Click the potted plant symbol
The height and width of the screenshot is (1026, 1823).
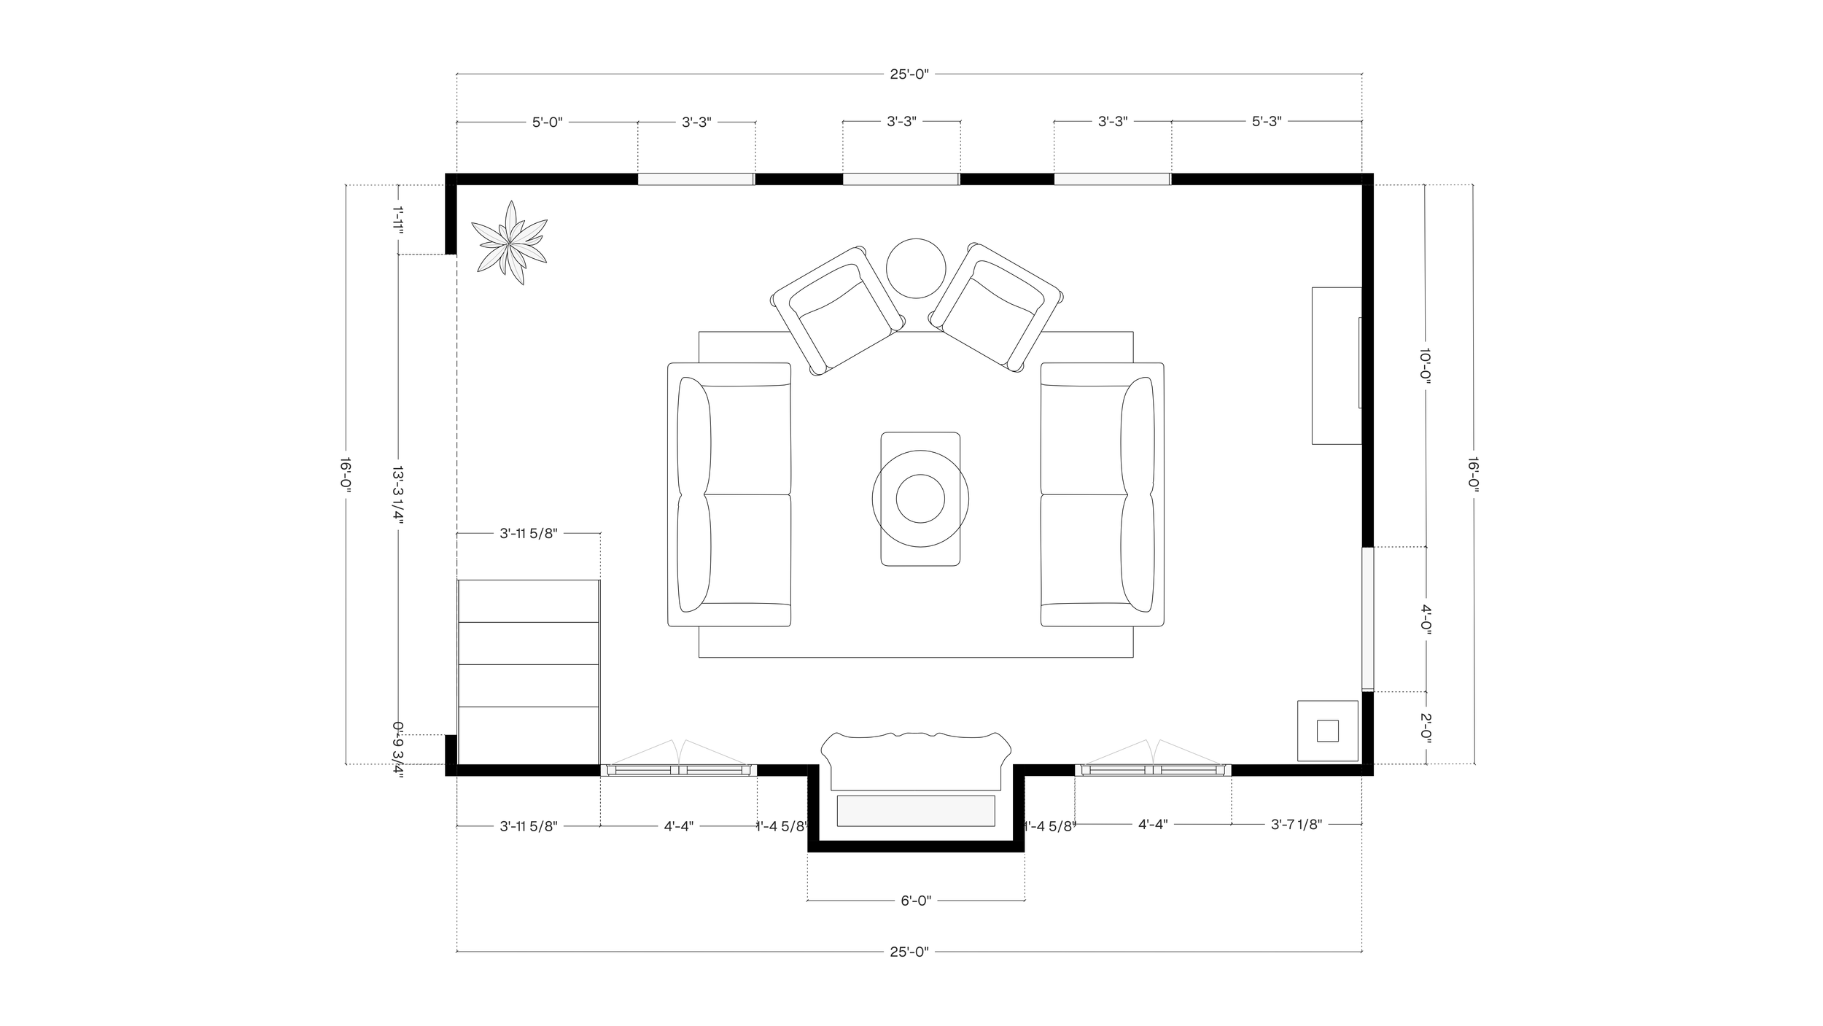pyautogui.click(x=508, y=243)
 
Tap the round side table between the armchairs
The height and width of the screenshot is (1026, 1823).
pyautogui.click(x=916, y=268)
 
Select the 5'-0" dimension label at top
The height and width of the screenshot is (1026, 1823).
pyautogui.click(x=547, y=123)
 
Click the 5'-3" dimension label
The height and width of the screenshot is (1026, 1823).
pyautogui.click(x=1267, y=123)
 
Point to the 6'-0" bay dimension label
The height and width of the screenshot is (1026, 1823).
pyautogui.click(x=915, y=901)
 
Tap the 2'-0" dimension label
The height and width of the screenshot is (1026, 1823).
pyautogui.click(x=1426, y=727)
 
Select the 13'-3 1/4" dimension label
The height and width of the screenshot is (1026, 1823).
pyautogui.click(x=398, y=496)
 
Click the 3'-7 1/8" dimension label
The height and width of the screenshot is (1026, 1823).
pyautogui.click(x=1296, y=825)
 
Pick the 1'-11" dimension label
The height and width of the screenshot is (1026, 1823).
pyautogui.click(x=398, y=219)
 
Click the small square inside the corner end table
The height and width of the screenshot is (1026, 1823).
pyautogui.click(x=1327, y=731)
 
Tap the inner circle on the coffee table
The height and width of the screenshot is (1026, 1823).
pyautogui.click(x=920, y=499)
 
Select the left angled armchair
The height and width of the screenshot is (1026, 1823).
pyautogui.click(x=839, y=310)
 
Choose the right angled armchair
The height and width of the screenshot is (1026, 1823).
pyautogui.click(x=996, y=307)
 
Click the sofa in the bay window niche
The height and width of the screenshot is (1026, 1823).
pyautogui.click(x=916, y=762)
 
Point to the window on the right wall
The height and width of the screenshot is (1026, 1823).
pyautogui.click(x=1367, y=618)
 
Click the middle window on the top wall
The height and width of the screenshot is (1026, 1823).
pyautogui.click(x=901, y=179)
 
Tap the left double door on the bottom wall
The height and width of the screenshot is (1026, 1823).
pyautogui.click(x=678, y=769)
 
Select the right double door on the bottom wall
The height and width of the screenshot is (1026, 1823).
pyautogui.click(x=1153, y=769)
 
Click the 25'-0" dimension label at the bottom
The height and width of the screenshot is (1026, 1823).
pyautogui.click(x=909, y=952)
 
